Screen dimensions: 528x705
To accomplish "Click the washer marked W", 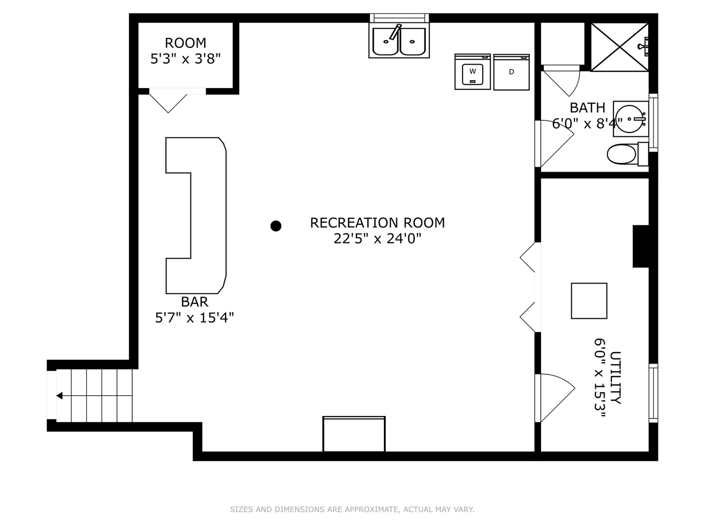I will (472, 72).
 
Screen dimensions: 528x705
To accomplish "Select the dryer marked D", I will (511, 72).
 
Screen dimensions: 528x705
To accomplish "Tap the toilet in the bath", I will (623, 154).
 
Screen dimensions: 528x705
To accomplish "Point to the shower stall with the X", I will (619, 47).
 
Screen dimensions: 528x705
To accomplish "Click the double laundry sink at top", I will (399, 41).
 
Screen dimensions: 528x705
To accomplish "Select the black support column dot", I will (276, 225).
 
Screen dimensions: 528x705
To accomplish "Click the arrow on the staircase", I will (60, 396).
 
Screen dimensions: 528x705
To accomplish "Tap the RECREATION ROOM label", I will (377, 223).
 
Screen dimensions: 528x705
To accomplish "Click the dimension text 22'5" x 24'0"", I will (377, 239).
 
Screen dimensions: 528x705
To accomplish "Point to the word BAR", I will (194, 302).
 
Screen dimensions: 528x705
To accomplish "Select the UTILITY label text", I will (615, 377).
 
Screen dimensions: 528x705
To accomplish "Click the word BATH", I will (587, 108).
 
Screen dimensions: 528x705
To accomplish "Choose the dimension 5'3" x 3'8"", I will (185, 59).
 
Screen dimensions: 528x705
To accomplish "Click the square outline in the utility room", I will (589, 301).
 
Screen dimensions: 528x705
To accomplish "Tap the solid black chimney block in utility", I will (640, 246).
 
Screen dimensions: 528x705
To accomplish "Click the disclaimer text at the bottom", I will (352, 509).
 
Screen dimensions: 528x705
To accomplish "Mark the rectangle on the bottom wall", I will (354, 434).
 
